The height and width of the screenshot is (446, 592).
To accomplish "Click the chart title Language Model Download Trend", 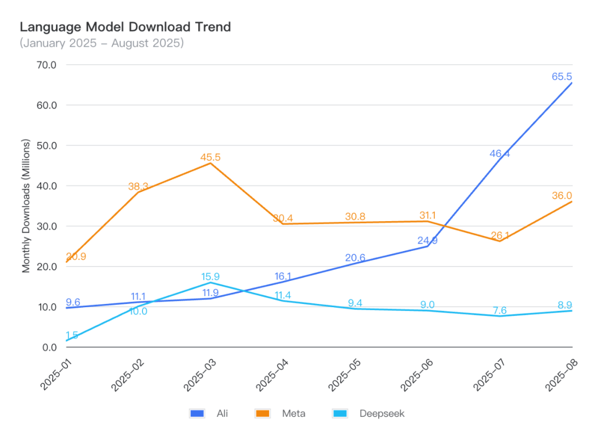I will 126,27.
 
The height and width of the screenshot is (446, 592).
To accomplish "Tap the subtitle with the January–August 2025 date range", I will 102,43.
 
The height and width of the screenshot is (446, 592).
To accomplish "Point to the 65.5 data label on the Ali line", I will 562,76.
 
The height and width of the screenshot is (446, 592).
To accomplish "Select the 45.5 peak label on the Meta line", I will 210,157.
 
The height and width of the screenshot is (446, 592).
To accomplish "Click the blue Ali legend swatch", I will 196,414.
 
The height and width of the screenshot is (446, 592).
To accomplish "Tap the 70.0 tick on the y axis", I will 46,65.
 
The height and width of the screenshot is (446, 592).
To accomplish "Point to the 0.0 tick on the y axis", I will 49,347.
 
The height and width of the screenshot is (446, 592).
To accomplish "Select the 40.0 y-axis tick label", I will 46,186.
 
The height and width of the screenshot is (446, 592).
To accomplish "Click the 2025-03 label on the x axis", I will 198,375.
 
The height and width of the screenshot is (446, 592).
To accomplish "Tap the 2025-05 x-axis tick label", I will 343,375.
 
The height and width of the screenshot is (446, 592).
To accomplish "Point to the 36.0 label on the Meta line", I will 562,196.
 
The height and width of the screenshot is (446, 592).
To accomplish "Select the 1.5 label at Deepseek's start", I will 72,335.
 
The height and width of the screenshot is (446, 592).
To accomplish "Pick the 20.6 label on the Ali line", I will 355,258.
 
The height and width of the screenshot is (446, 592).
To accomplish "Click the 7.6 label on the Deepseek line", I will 500,310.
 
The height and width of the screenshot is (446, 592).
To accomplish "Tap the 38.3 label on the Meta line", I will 138,187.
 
